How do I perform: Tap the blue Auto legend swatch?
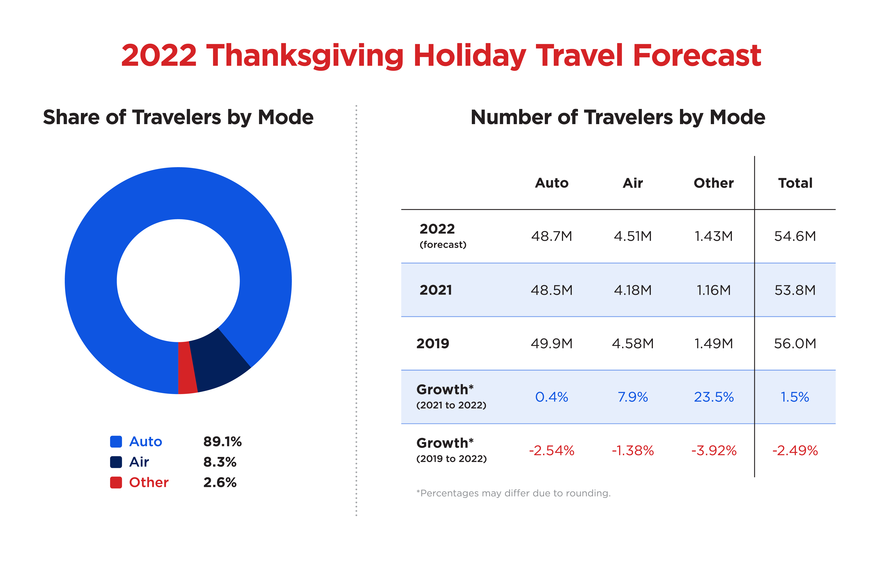[x=116, y=441]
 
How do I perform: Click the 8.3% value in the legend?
[x=220, y=462]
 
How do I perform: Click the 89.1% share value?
[x=222, y=441]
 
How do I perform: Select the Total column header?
[x=795, y=183]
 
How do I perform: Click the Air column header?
[x=633, y=183]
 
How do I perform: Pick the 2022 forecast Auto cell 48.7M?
[x=551, y=236]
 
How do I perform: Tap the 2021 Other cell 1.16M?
[x=713, y=290]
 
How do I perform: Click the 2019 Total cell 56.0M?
[x=795, y=344]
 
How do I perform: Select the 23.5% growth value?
[x=714, y=397]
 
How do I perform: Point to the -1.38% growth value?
[x=633, y=451]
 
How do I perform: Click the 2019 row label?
[x=433, y=344]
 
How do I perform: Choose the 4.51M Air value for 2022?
[x=633, y=236]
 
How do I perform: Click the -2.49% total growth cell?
[x=795, y=451]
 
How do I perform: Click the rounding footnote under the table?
[x=513, y=493]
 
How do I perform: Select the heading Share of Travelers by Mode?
[x=178, y=117]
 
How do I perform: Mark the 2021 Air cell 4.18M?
[x=633, y=290]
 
